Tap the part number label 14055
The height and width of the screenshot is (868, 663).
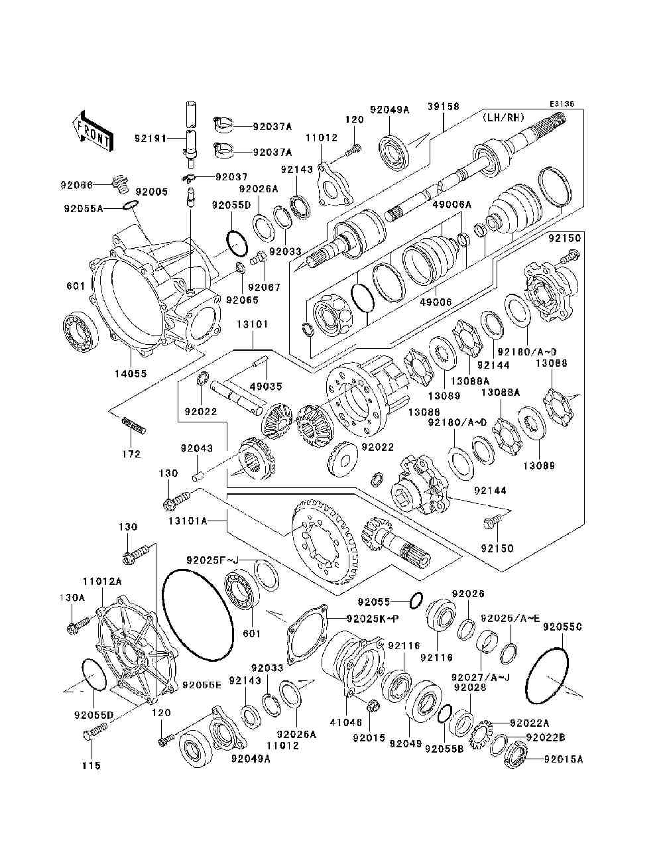pos(131,373)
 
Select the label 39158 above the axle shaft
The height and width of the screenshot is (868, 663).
pos(443,106)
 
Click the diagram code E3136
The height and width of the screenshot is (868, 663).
pos(562,104)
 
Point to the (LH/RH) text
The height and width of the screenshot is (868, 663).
pos(503,117)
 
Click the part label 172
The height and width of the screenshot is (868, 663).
pos(131,454)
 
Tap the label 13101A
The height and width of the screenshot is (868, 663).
pos(188,521)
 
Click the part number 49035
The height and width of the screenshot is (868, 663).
pos(266,386)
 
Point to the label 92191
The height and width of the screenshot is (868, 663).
pos(151,138)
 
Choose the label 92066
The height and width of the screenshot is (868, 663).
pos(77,184)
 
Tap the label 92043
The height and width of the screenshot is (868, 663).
pos(197,448)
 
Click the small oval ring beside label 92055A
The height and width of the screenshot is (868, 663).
pos(131,204)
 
